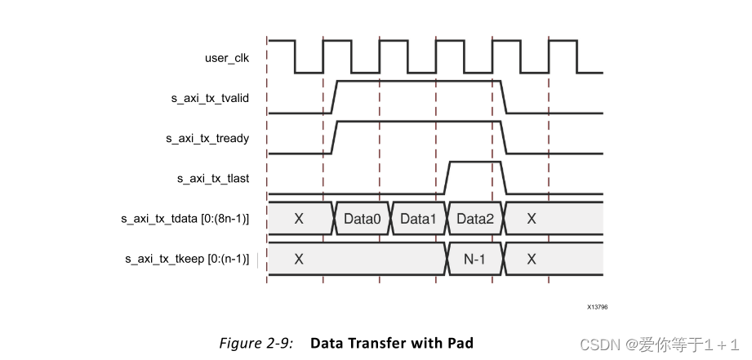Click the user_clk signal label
coord(227,58)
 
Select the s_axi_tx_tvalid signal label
coord(210,98)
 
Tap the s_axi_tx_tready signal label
coord(207,139)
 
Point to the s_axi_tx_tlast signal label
coord(213,178)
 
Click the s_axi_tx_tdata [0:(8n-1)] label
coord(185,219)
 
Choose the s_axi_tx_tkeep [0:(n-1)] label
coord(187,259)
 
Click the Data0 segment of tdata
coord(362,219)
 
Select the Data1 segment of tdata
coord(418,219)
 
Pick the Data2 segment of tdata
coord(474,219)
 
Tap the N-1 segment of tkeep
coord(474,259)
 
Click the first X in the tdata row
coord(299,219)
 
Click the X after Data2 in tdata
coord(532,219)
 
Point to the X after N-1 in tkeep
coord(532,259)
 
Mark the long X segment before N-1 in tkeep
coord(299,259)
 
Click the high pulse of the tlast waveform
coord(474,162)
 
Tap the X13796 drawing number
coord(597,307)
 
